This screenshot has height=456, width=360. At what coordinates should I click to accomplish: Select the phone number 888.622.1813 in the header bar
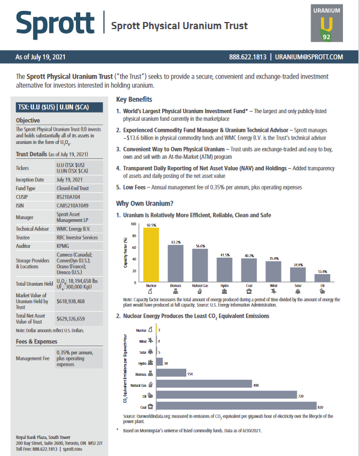[x=248, y=57]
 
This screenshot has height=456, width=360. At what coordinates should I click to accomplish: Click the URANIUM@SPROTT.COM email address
[x=309, y=57]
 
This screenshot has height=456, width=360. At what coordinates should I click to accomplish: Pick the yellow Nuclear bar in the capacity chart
[x=151, y=255]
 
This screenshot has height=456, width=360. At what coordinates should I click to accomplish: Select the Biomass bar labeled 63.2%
[x=175, y=263]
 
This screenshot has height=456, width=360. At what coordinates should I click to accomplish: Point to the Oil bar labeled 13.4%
[x=322, y=278]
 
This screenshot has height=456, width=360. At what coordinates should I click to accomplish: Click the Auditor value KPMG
[x=63, y=246]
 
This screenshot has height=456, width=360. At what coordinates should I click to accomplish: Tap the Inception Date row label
[x=30, y=179]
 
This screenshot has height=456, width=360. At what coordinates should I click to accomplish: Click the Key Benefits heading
[x=134, y=99]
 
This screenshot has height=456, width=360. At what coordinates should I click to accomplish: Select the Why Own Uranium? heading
[x=145, y=203]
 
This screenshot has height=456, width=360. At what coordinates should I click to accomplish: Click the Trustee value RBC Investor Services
[x=77, y=237]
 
